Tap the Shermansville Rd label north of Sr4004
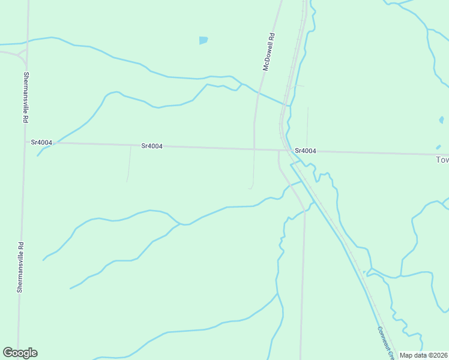[26, 98]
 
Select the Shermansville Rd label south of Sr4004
[20, 267]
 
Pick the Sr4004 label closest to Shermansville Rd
[41, 142]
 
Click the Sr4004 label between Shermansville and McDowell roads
[152, 146]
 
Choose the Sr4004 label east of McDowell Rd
[305, 151]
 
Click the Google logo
[20, 353]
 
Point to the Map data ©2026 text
[423, 355]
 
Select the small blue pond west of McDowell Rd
[203, 41]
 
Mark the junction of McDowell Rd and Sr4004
[254, 148]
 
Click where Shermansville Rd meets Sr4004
[24, 143]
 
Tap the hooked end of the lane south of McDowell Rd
[249, 188]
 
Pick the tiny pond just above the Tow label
[439, 147]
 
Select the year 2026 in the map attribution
[438, 355]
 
